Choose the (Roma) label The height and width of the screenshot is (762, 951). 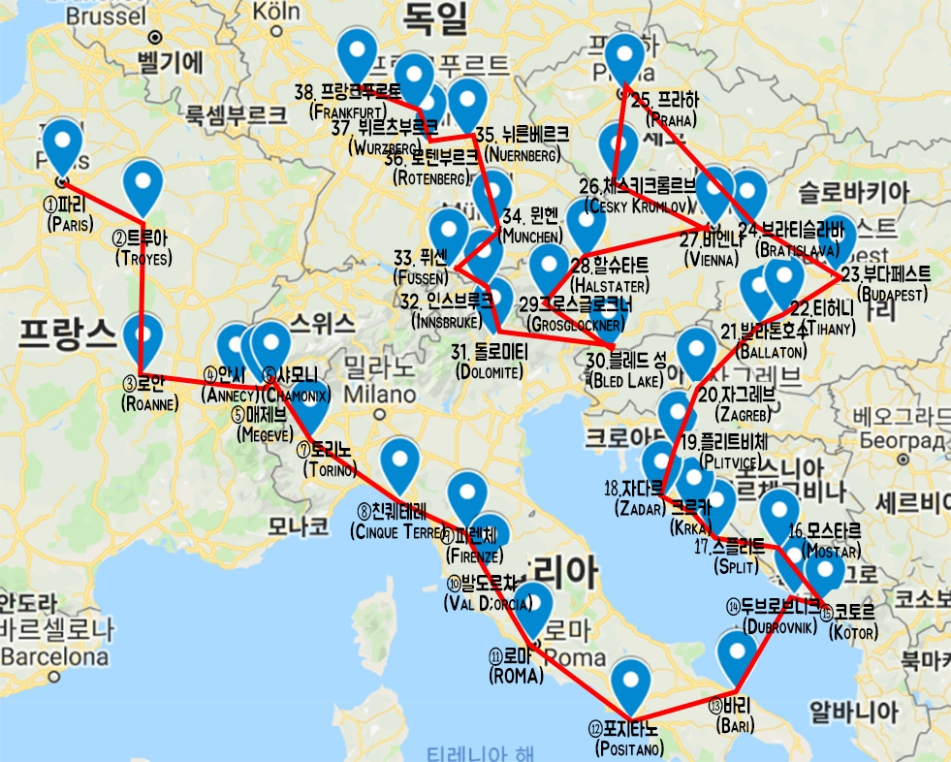click(x=517, y=676)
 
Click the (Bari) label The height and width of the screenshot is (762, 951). click(x=731, y=724)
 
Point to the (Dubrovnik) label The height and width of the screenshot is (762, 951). click(x=783, y=625)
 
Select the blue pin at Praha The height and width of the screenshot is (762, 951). click(x=624, y=61)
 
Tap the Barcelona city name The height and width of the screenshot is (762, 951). click(x=54, y=656)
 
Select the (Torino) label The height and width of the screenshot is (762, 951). click(x=330, y=470)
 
